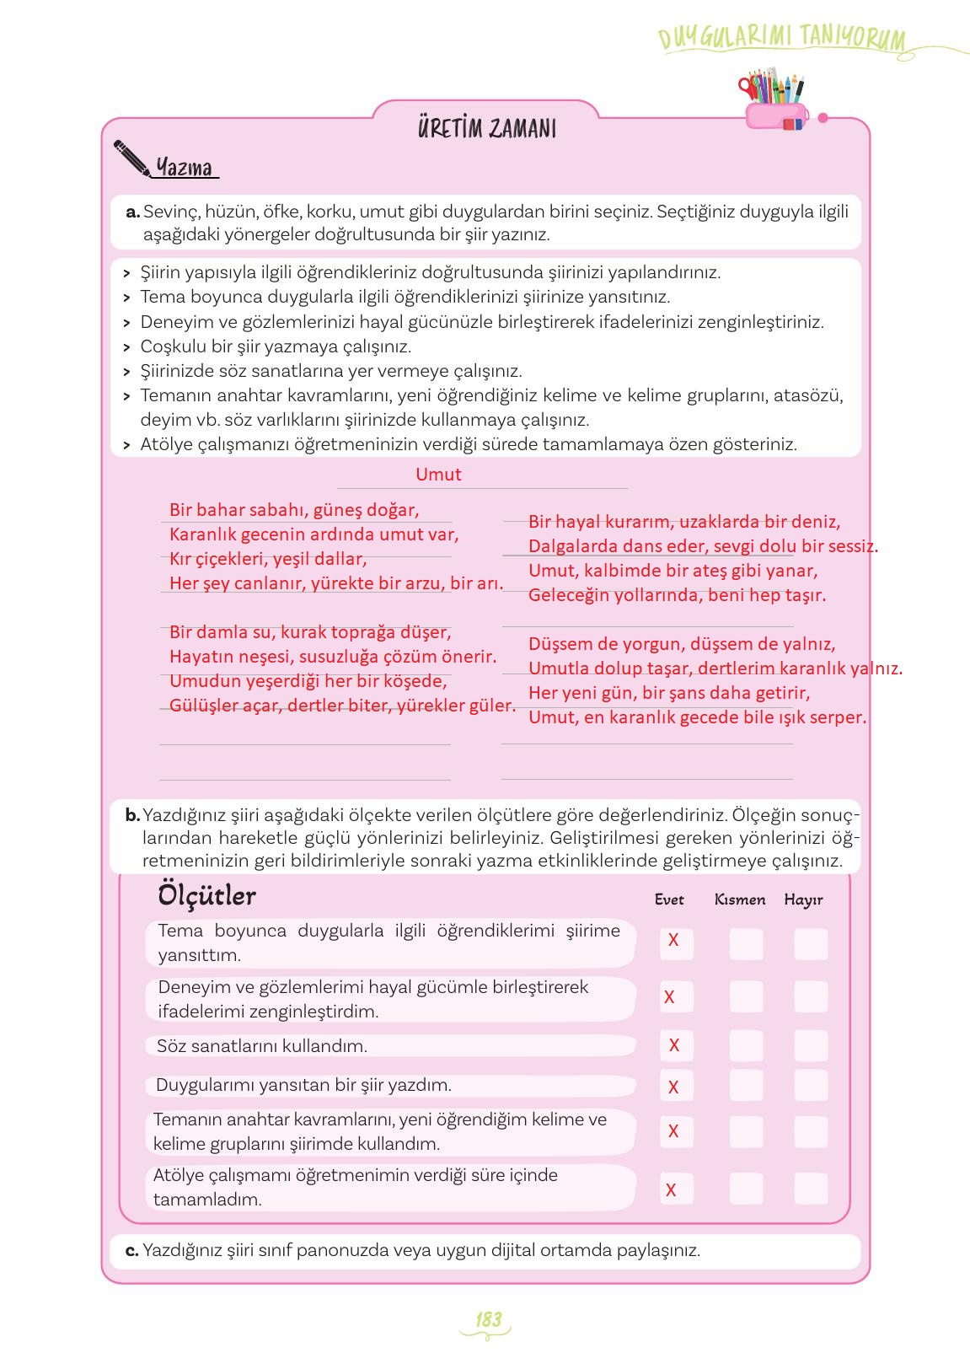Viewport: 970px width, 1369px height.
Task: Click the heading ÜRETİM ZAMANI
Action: (486, 129)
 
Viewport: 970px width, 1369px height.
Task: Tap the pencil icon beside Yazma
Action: (132, 158)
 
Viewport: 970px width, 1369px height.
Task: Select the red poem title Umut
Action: (438, 475)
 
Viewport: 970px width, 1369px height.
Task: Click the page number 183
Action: (488, 1320)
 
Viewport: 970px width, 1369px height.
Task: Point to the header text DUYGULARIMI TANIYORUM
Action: (781, 39)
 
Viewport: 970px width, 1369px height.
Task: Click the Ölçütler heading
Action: (206, 895)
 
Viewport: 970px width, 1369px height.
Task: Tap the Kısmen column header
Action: (740, 899)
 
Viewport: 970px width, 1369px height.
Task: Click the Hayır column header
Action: (803, 899)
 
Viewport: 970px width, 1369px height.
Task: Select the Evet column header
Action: (669, 899)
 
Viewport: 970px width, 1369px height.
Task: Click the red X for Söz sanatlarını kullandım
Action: (674, 1045)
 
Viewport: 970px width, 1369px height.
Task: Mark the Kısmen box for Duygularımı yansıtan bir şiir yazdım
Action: (746, 1086)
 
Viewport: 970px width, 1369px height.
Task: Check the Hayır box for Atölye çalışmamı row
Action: (811, 1189)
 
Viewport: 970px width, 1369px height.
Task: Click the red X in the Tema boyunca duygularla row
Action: (673, 940)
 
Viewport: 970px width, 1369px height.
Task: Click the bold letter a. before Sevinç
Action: (132, 212)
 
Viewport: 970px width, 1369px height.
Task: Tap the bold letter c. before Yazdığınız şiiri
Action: (131, 1250)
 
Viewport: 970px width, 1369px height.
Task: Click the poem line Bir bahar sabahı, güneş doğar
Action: (294, 510)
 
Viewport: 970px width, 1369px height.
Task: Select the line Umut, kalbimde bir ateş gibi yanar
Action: (673, 571)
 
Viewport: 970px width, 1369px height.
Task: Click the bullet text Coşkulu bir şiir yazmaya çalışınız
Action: (276, 346)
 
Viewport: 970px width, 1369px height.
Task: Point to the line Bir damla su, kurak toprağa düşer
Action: (310, 632)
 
